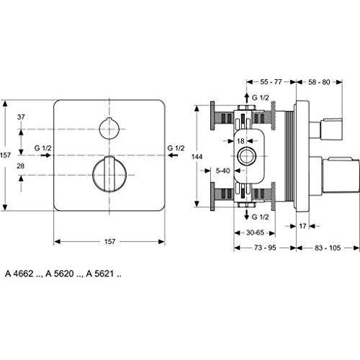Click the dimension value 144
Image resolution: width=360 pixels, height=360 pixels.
(197, 157)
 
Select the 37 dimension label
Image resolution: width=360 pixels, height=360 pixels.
(21, 117)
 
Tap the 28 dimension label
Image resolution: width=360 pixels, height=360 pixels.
(21, 166)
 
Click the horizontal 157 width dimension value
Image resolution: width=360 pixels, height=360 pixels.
(109, 241)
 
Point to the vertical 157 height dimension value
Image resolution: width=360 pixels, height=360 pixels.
(5, 156)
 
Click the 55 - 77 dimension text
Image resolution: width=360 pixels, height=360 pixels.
(271, 82)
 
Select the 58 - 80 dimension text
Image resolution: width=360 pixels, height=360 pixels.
(319, 82)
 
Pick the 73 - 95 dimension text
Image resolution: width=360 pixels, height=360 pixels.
(265, 248)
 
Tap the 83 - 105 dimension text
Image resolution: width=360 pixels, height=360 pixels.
(328, 248)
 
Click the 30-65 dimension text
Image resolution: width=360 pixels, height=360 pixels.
(255, 233)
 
